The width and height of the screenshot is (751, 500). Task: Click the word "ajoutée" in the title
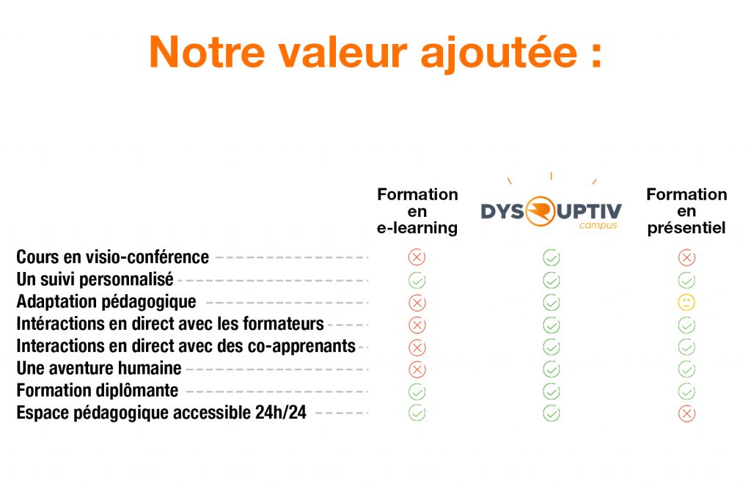(x=499, y=54)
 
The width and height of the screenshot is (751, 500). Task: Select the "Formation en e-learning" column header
(x=417, y=211)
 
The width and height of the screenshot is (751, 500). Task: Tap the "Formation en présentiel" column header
(x=686, y=211)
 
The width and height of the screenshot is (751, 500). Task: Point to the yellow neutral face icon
(x=686, y=303)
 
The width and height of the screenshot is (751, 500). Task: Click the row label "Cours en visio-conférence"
(x=112, y=257)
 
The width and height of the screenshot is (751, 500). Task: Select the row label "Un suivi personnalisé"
(x=95, y=279)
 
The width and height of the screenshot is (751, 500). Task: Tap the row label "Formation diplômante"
(x=98, y=390)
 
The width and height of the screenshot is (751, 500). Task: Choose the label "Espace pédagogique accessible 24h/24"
(x=161, y=412)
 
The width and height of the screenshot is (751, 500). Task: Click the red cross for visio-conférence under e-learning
(x=417, y=257)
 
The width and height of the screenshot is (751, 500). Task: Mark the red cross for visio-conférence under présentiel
(x=686, y=257)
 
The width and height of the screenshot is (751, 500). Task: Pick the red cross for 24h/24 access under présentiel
(x=686, y=413)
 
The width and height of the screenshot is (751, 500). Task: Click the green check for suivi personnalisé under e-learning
(x=417, y=280)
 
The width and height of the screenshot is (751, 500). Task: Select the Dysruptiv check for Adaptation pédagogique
(x=552, y=303)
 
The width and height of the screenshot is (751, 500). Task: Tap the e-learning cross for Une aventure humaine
(x=417, y=370)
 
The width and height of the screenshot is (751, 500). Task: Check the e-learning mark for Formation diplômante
(x=417, y=391)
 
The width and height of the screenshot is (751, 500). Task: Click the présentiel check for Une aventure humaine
(x=686, y=370)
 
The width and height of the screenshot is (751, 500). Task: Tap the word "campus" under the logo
(x=598, y=225)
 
